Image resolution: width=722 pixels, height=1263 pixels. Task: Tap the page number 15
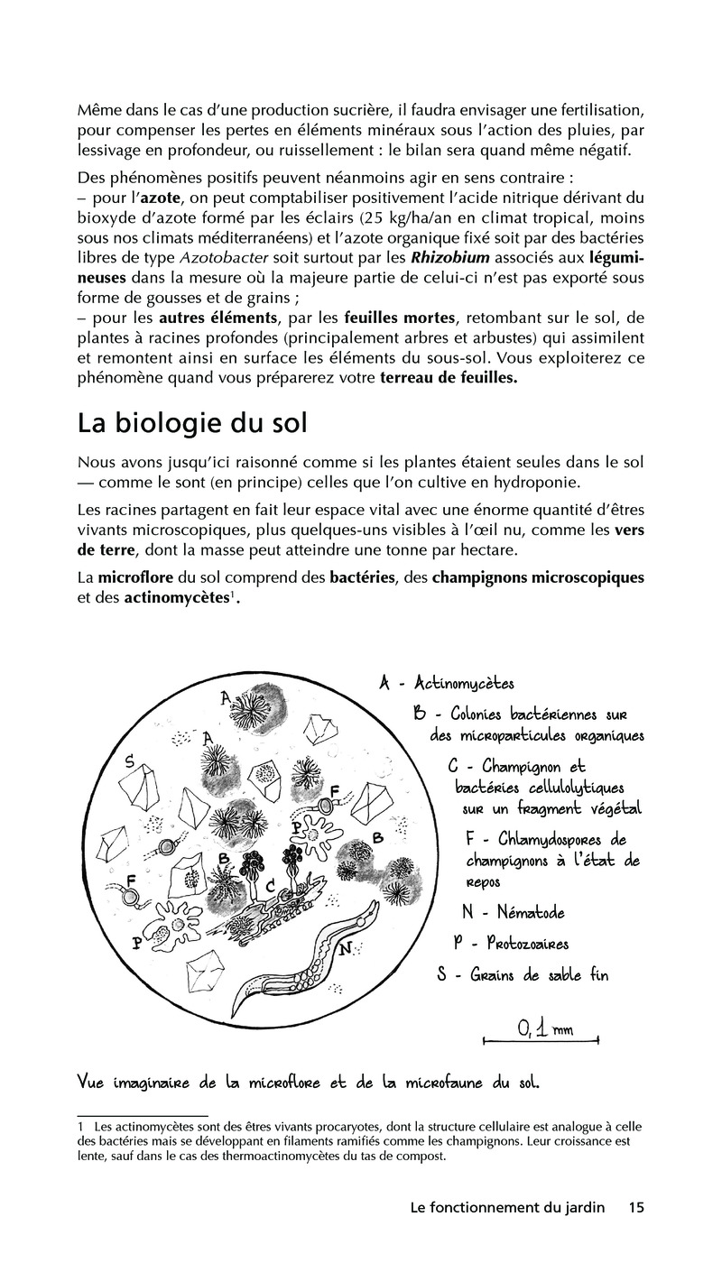coord(635,1207)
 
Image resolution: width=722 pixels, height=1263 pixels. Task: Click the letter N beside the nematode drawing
coord(345,948)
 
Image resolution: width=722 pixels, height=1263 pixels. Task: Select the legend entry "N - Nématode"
coord(513,912)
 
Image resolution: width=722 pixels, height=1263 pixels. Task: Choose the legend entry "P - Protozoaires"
coord(511,943)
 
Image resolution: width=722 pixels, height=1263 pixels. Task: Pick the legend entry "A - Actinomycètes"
coord(446,683)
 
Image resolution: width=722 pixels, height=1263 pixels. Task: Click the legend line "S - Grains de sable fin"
coord(522,975)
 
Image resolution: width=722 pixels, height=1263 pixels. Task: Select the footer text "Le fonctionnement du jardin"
coord(506,1207)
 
